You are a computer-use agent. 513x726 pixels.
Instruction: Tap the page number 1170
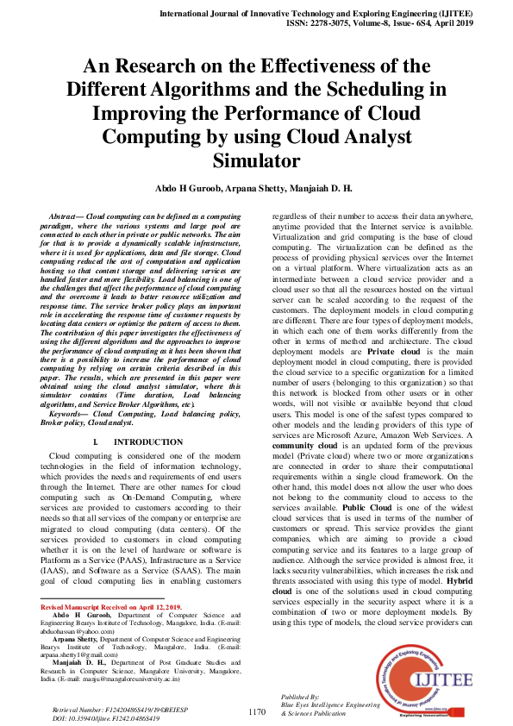tap(257, 711)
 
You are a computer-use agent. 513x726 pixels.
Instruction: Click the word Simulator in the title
tap(256, 160)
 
